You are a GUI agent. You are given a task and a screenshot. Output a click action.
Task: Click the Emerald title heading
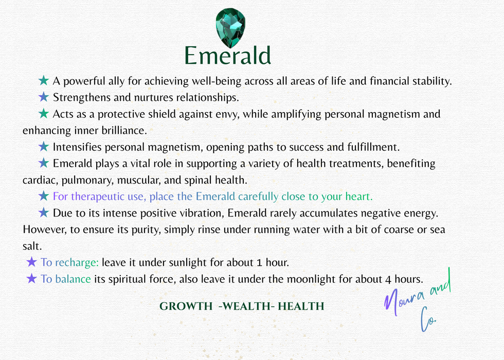pos(228,55)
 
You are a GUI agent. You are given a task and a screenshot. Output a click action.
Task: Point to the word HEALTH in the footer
pos(302,307)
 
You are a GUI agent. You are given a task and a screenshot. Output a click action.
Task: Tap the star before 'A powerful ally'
pos(44,81)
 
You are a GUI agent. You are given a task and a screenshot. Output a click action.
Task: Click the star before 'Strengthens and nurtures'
pos(44,97)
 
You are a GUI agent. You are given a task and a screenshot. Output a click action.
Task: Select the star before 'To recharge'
pos(31,262)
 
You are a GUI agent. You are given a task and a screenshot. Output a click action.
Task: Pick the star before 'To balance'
pos(31,279)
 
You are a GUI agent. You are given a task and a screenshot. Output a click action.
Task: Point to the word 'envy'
pos(228,114)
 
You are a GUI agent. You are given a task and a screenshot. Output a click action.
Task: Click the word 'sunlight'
pos(190,262)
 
